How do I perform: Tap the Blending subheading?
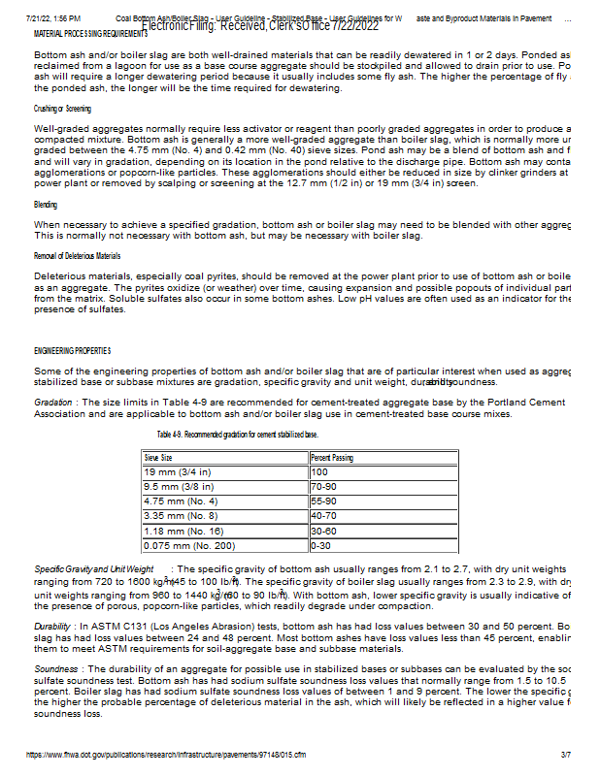(45, 205)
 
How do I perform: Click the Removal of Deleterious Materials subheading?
(77, 255)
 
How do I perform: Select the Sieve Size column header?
(159, 457)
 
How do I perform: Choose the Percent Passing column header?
(332, 457)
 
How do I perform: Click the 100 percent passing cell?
(319, 471)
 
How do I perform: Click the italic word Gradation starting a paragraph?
(52, 402)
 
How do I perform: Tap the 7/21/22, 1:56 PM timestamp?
(53, 18)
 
